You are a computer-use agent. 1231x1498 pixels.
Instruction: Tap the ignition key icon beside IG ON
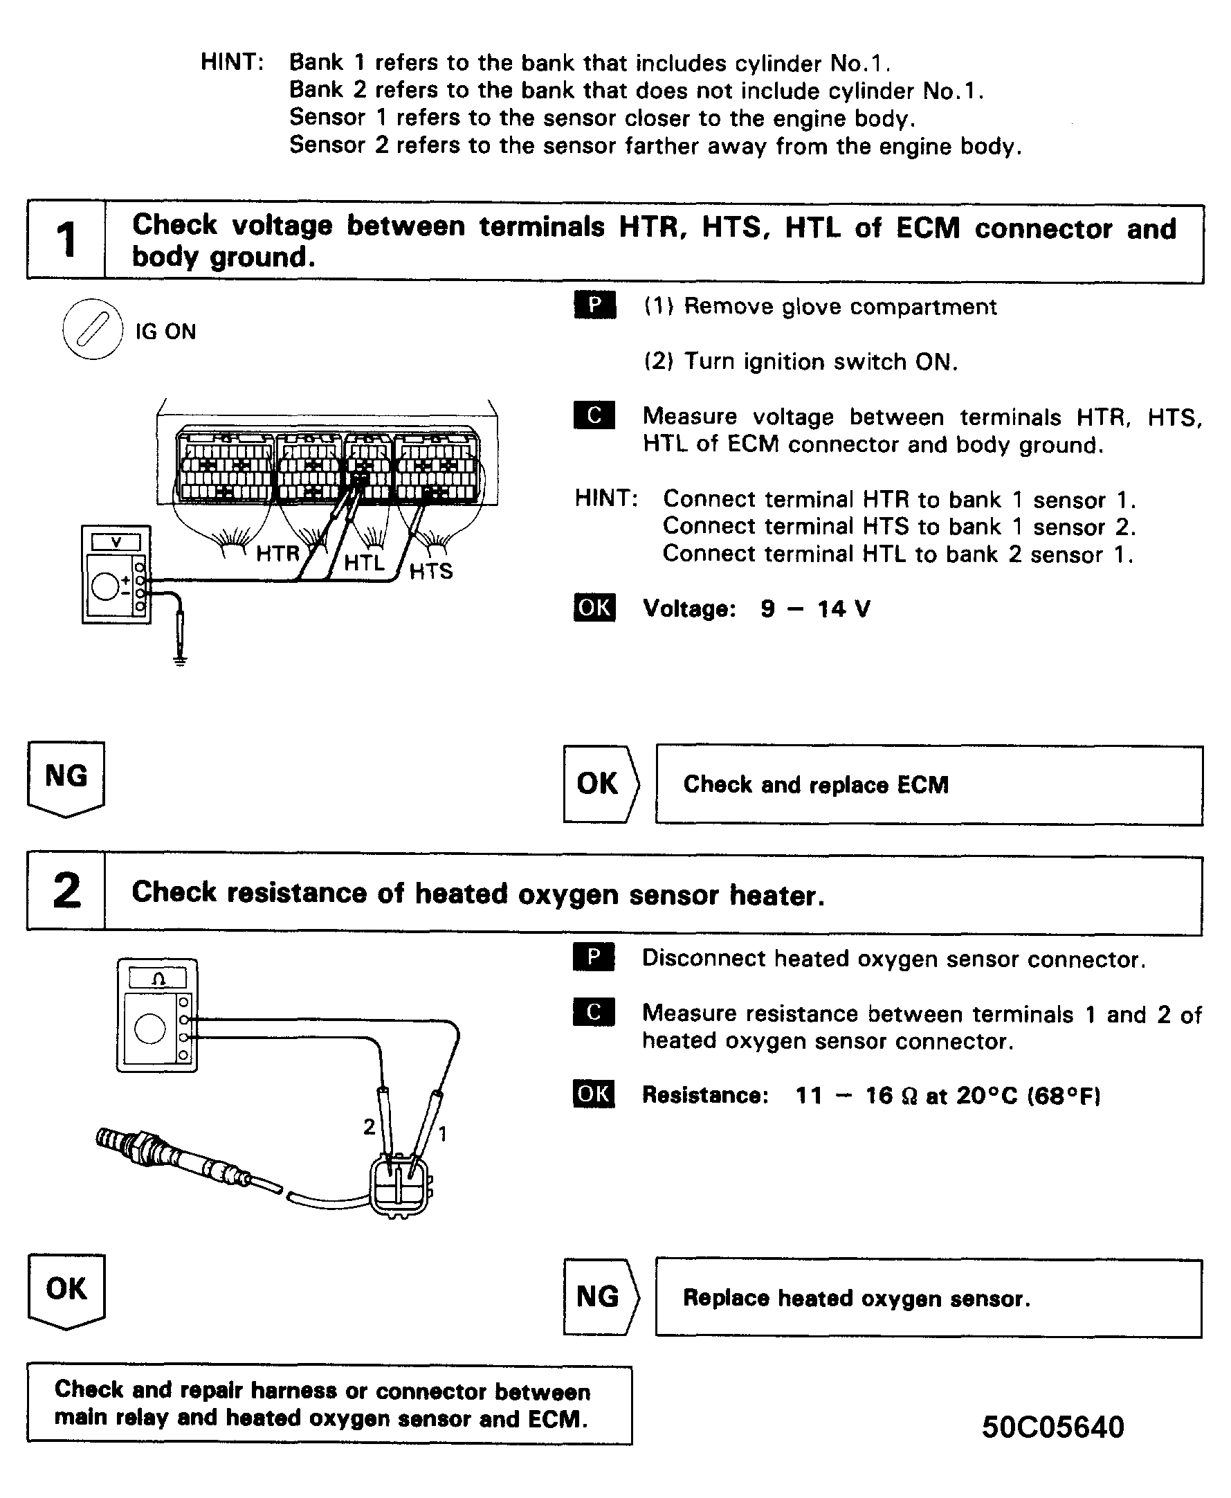click(92, 330)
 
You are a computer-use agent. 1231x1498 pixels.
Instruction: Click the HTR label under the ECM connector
click(277, 553)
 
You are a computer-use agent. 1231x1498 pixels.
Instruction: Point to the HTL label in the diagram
click(364, 563)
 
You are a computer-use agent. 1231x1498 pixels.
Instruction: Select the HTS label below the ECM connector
click(430, 571)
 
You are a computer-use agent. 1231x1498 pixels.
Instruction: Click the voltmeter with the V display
click(116, 575)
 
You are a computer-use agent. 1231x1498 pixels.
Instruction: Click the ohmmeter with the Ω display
click(156, 1015)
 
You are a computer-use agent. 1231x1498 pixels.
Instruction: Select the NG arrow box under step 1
click(66, 778)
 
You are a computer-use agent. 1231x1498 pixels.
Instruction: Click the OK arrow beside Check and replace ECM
click(600, 784)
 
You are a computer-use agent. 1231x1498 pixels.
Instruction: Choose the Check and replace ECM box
click(928, 784)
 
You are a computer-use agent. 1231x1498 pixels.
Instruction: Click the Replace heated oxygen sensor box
click(928, 1298)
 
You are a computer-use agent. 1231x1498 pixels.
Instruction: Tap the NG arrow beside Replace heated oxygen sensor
click(600, 1297)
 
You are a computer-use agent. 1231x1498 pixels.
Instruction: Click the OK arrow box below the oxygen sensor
click(66, 1290)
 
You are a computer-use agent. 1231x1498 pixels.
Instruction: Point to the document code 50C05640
click(1052, 1427)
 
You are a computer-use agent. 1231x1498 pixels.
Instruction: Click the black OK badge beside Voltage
click(594, 607)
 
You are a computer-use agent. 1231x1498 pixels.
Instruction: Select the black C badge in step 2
click(594, 1012)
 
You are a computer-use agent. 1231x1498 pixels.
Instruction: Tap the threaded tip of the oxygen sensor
click(113, 1140)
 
